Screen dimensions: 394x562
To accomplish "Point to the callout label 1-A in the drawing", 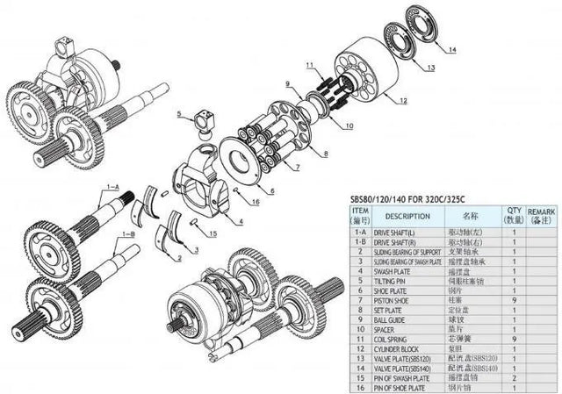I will point(112,187).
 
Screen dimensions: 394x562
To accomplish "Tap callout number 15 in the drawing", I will point(212,233).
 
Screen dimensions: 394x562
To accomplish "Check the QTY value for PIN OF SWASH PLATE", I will point(511,378).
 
